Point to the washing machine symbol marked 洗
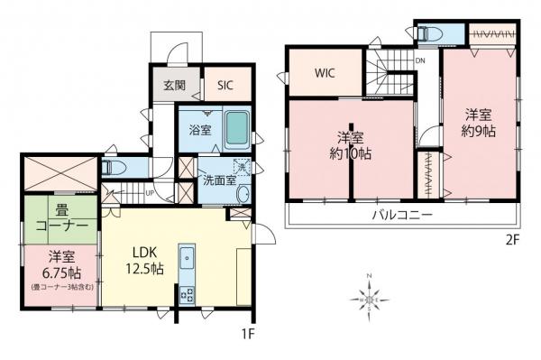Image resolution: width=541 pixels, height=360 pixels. point(242,166)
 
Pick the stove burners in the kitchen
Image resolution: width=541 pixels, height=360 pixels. point(188,293)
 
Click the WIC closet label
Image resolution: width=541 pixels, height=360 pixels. point(325,74)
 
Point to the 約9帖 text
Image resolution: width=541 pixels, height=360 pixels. point(479,130)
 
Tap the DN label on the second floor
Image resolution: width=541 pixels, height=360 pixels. point(420,61)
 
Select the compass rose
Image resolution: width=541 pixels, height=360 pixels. point(369,296)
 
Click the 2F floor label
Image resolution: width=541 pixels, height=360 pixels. point(514,241)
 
